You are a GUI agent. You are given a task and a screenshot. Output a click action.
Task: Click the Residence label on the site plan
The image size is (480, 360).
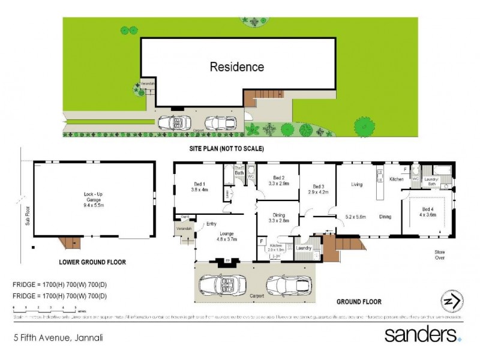236,67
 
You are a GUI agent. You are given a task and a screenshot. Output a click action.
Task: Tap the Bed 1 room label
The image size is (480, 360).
199,187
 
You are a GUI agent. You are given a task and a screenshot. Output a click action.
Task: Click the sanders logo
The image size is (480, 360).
422,334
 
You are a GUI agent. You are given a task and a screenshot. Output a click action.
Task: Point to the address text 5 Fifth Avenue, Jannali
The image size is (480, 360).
58,338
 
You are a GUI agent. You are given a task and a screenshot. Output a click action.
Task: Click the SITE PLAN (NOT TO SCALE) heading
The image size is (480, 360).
223,148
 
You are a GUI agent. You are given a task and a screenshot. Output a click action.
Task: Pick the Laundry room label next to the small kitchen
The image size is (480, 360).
304,248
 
